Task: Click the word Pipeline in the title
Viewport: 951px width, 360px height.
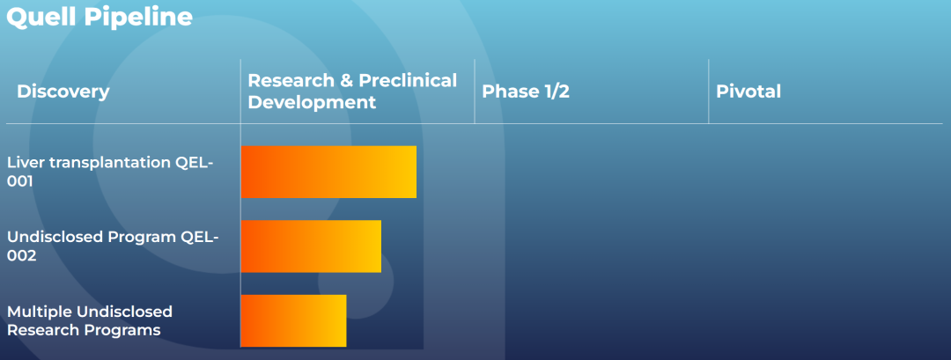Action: pyautogui.click(x=138, y=17)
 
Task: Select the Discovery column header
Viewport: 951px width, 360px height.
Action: pyautogui.click(x=63, y=92)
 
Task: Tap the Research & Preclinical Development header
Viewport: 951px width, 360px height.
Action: pyautogui.click(x=352, y=91)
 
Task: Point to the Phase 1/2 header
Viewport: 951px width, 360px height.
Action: pyautogui.click(x=526, y=92)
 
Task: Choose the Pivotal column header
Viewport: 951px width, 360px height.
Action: pyautogui.click(x=748, y=92)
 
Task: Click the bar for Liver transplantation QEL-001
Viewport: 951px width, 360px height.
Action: pyautogui.click(x=328, y=173)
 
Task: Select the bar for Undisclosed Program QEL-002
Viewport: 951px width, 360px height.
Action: pyautogui.click(x=311, y=246)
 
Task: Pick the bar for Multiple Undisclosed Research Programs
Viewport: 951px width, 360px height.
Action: pyautogui.click(x=293, y=320)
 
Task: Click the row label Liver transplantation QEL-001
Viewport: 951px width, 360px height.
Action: pyautogui.click(x=110, y=173)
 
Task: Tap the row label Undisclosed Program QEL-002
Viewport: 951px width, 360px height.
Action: pyautogui.click(x=113, y=246)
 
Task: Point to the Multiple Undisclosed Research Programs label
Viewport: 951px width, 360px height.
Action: pyautogui.click(x=90, y=320)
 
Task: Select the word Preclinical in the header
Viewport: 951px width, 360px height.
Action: pyautogui.click(x=408, y=81)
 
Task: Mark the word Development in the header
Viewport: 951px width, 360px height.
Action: pyautogui.click(x=313, y=102)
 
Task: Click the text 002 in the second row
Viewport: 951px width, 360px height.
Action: pyautogui.click(x=22, y=256)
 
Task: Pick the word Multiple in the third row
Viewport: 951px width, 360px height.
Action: pyautogui.click(x=40, y=312)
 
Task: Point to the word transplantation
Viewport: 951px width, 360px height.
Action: pyautogui.click(x=107, y=163)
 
